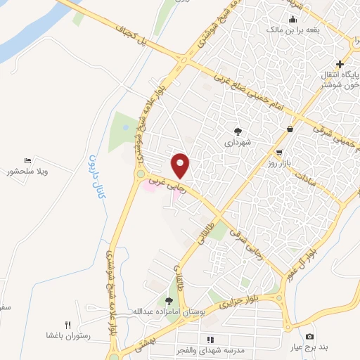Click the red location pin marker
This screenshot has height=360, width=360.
click(181, 165)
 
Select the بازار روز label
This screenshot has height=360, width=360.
click(279, 163)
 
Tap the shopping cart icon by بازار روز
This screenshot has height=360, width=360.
click(280, 153)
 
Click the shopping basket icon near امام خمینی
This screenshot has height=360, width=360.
click(290, 129)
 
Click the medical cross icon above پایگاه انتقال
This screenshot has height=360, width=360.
click(340, 64)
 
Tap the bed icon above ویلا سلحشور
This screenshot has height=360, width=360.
click(28, 161)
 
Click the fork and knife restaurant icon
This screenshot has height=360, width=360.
click(68, 325)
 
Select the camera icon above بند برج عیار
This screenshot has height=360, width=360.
click(310, 336)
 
